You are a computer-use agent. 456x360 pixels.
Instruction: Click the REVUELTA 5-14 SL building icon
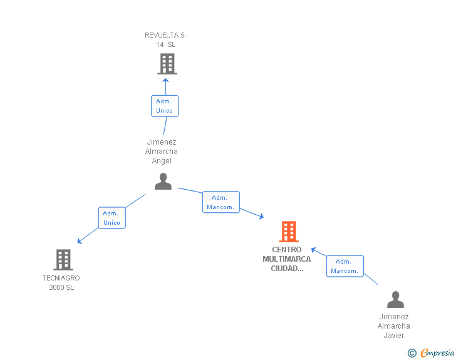pyautogui.click(x=167, y=64)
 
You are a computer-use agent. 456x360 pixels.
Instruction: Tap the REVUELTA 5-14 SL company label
pyautogui.click(x=166, y=40)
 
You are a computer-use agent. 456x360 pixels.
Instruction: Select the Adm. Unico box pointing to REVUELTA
pyautogui.click(x=165, y=106)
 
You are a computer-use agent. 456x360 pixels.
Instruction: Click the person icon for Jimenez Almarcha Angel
pyautogui.click(x=163, y=182)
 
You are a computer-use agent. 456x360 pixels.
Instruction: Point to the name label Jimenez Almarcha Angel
pyautogui.click(x=162, y=152)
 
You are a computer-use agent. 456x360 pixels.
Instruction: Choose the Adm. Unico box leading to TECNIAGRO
pyautogui.click(x=111, y=218)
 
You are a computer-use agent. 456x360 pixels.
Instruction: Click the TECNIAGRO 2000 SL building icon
pyautogui.click(x=63, y=260)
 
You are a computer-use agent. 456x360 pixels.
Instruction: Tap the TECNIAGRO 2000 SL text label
pyautogui.click(x=61, y=282)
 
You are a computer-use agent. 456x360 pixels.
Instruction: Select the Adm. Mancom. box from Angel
pyautogui.click(x=220, y=202)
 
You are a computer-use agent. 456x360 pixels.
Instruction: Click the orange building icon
pyautogui.click(x=289, y=232)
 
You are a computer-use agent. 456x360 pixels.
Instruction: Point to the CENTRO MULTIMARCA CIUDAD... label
pyautogui.click(x=287, y=259)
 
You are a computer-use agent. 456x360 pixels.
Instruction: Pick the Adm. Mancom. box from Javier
pyautogui.click(x=345, y=266)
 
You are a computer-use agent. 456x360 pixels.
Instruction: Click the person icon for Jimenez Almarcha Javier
pyautogui.click(x=395, y=299)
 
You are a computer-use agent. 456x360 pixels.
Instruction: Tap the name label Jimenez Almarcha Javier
pyautogui.click(x=394, y=326)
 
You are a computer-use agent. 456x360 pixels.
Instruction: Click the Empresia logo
pyautogui.click(x=437, y=353)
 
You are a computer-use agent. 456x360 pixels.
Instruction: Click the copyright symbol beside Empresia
pyautogui.click(x=412, y=353)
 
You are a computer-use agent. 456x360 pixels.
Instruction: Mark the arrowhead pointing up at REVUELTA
pyautogui.click(x=165, y=80)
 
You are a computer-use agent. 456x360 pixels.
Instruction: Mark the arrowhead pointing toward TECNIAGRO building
pyautogui.click(x=79, y=241)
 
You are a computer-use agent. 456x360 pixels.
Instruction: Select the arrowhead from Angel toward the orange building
pyautogui.click(x=261, y=216)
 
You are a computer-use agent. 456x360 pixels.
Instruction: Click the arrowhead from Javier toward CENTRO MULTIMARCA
pyautogui.click(x=313, y=250)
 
